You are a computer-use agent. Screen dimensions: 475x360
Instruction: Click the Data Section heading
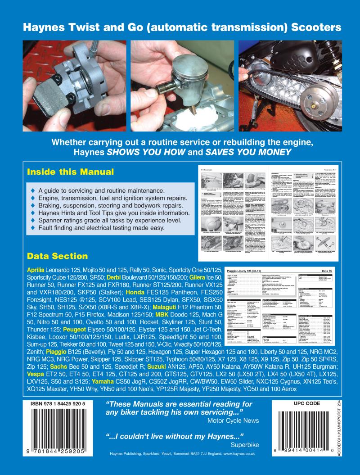click(58, 256)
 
